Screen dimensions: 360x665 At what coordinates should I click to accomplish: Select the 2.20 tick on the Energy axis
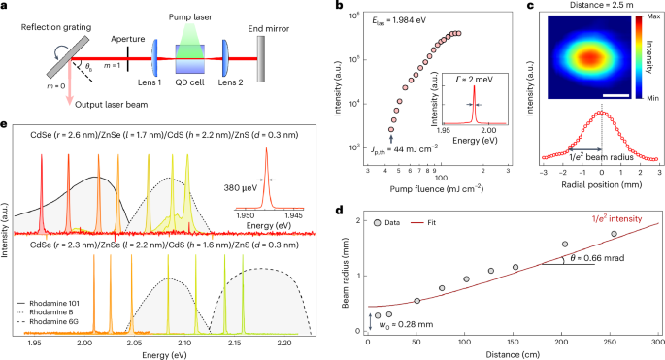coord(284,344)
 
